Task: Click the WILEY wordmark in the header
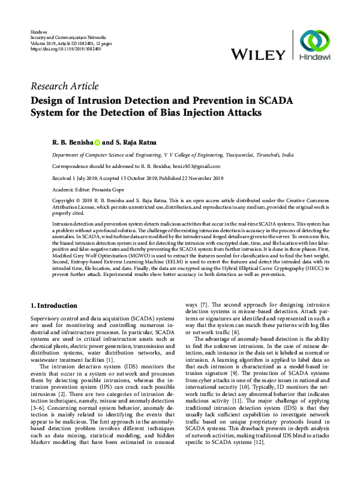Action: pos(258,55)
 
